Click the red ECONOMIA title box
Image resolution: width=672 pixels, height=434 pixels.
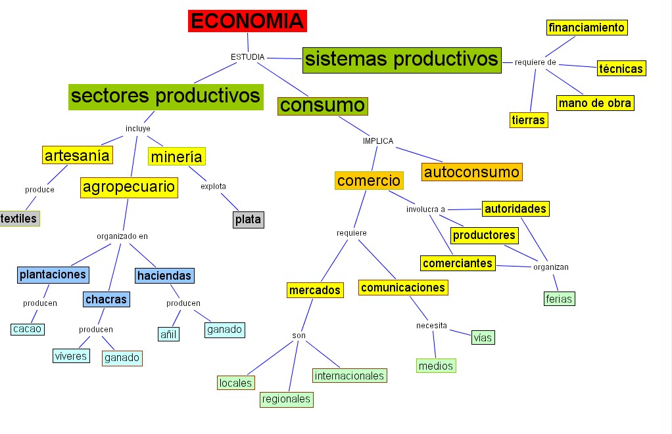click(248, 21)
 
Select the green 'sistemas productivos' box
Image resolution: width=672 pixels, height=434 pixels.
click(402, 60)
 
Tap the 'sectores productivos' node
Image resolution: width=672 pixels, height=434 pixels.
click(166, 96)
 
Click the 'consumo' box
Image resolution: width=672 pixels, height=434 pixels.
click(322, 106)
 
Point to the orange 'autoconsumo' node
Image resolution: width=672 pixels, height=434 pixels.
click(472, 173)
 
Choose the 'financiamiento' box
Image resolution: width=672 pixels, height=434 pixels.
click(587, 28)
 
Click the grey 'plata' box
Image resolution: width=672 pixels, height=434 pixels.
click(249, 219)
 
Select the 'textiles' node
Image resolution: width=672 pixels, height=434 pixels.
click(19, 218)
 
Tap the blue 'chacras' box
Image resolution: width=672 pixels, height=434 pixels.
click(106, 299)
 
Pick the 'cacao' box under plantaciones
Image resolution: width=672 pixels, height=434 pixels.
click(28, 329)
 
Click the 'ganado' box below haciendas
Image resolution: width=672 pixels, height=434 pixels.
click(225, 329)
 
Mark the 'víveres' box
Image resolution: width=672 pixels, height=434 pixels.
click(70, 356)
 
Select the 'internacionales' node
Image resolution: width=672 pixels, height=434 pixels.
click(349, 376)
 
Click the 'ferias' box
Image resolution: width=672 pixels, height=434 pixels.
click(560, 299)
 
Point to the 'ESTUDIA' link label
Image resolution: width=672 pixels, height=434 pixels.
click(247, 57)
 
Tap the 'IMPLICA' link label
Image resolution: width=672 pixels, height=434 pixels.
click(378, 141)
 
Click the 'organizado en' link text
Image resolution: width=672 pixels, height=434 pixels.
click(122, 236)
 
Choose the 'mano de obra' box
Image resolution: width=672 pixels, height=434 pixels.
click(595, 103)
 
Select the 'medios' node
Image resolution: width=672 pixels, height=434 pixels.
click(436, 366)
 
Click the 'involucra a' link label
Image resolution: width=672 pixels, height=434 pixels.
click(425, 209)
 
